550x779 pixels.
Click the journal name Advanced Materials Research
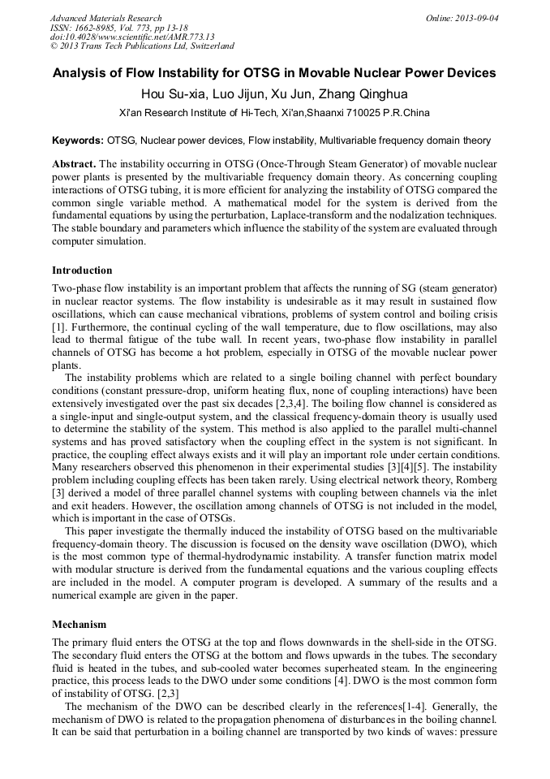point(105,18)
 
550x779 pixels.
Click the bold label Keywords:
point(78,141)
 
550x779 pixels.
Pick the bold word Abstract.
point(75,163)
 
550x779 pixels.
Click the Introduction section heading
point(82,270)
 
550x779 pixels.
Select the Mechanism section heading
point(79,625)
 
